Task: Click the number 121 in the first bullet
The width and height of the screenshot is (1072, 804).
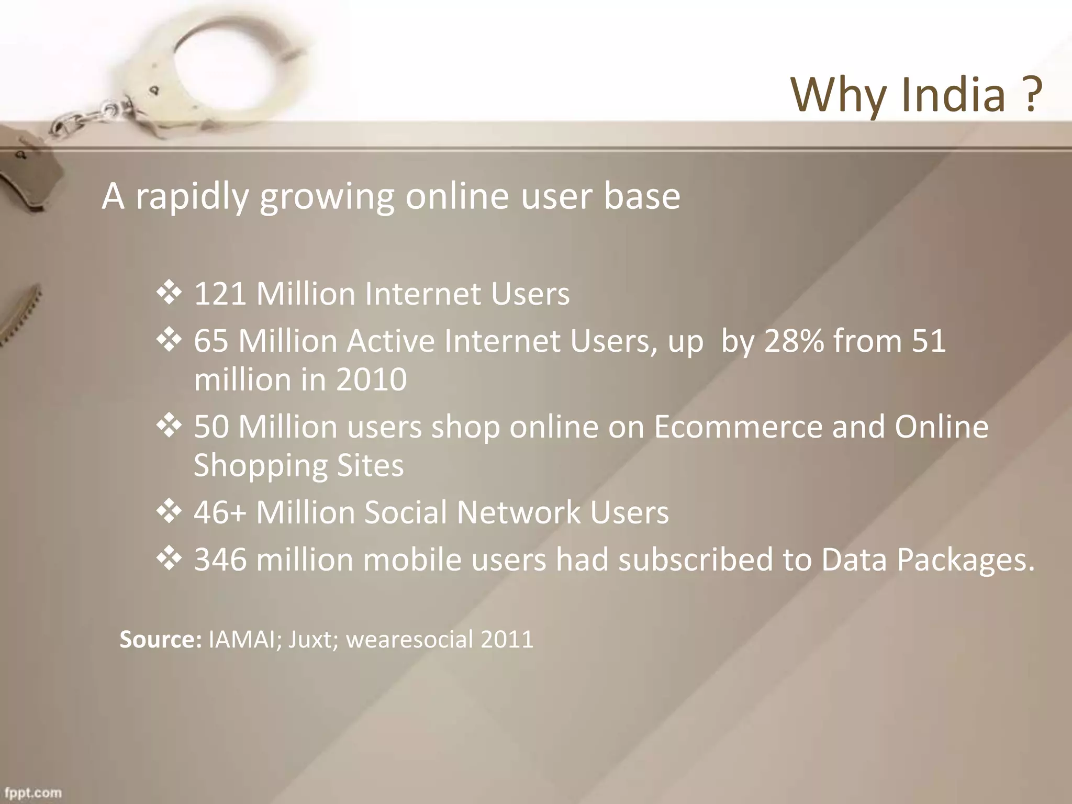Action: tap(220, 294)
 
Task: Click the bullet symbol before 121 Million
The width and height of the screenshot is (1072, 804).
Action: tap(169, 293)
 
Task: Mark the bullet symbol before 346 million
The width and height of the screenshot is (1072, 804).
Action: tap(169, 559)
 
